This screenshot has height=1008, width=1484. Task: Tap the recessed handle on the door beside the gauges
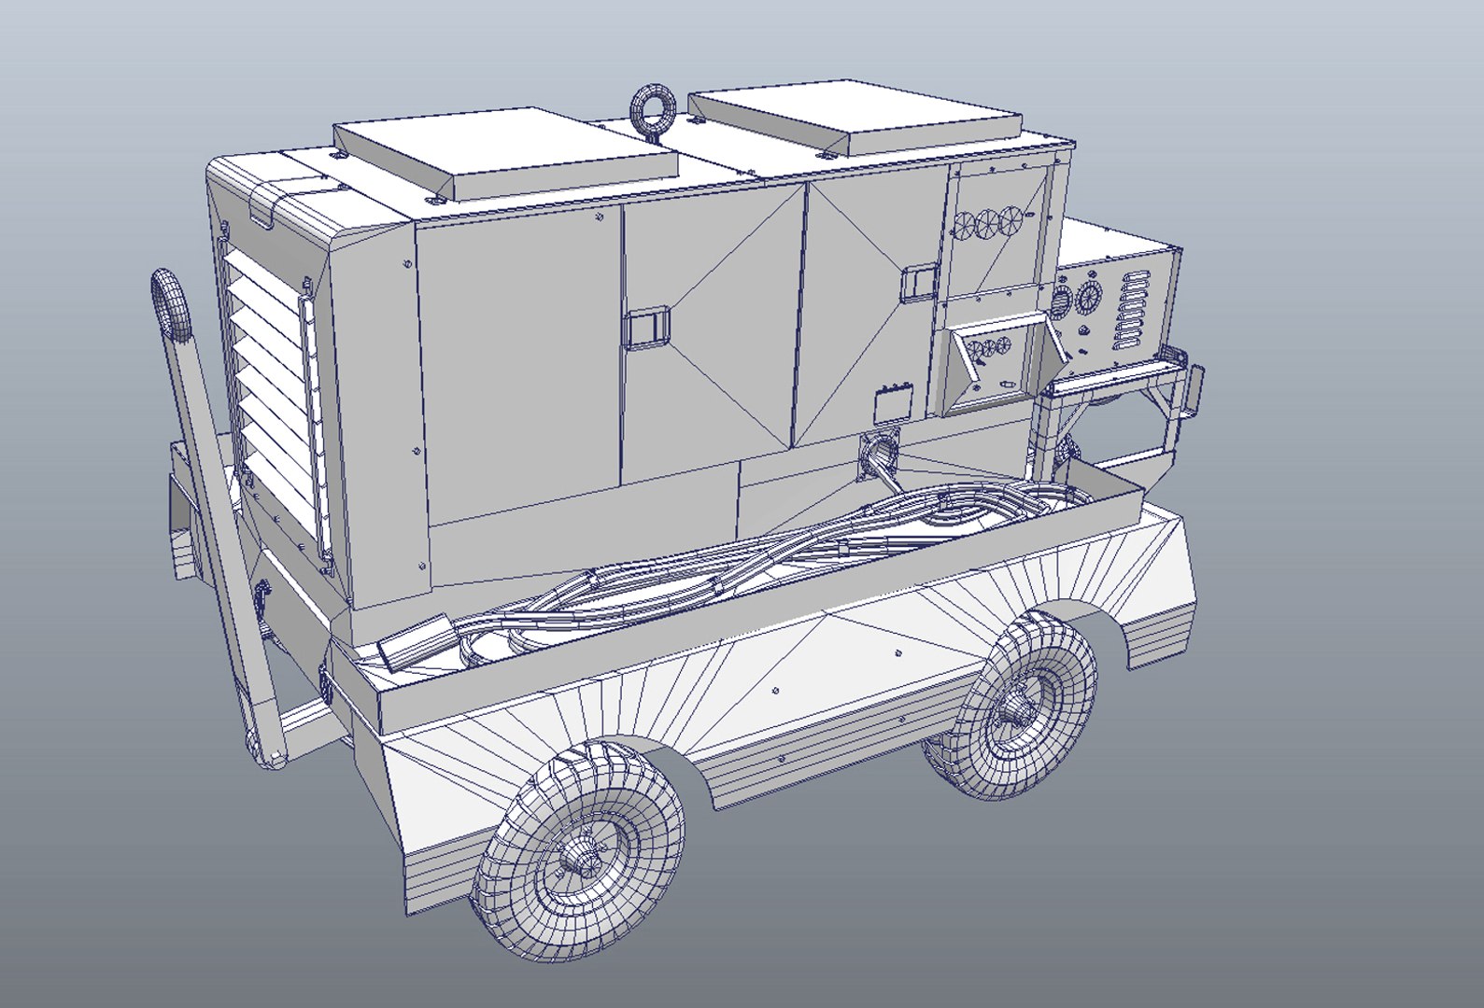919,282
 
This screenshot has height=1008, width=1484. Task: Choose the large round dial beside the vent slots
1088,299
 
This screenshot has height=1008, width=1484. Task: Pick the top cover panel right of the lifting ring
855,120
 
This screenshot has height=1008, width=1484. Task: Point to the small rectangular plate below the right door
891,404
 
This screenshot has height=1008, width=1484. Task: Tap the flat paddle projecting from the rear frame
1193,391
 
